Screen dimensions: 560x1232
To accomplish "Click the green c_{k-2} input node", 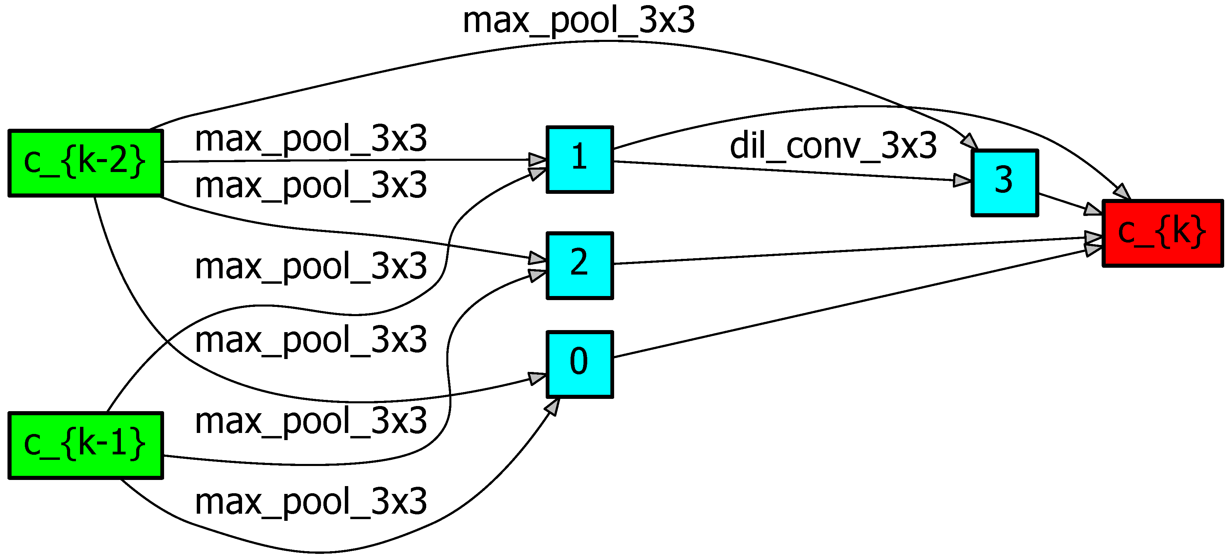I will click(85, 163).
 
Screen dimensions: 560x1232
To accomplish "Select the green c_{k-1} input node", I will click(85, 445).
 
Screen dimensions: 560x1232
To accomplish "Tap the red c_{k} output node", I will click(1162, 233).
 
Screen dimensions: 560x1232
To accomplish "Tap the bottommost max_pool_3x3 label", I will click(311, 502).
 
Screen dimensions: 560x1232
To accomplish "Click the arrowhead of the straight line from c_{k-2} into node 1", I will click(538, 159).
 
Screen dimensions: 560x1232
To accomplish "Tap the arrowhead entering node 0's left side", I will click(537, 378).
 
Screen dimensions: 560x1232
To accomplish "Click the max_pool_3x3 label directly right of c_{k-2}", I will click(311, 139).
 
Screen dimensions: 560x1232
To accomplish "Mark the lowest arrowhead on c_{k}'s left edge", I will click(1093, 250).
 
